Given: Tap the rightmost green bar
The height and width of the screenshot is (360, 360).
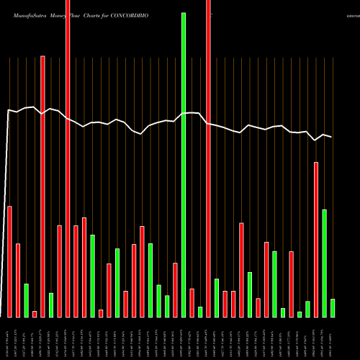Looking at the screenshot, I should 333,307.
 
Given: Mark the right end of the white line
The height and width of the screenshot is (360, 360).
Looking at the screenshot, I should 332,137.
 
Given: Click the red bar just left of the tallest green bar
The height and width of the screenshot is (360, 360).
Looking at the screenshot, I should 175,289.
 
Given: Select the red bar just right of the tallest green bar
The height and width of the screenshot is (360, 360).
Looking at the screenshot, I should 192,302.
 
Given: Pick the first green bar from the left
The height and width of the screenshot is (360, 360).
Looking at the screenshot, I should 26,300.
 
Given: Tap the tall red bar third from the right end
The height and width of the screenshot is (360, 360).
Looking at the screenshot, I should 316,239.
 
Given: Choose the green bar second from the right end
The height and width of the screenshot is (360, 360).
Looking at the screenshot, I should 325,263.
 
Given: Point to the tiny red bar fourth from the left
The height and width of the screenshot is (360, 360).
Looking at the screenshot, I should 35,313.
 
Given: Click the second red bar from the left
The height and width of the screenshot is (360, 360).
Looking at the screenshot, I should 18,280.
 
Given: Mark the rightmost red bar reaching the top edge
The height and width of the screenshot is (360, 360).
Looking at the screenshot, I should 208,158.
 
